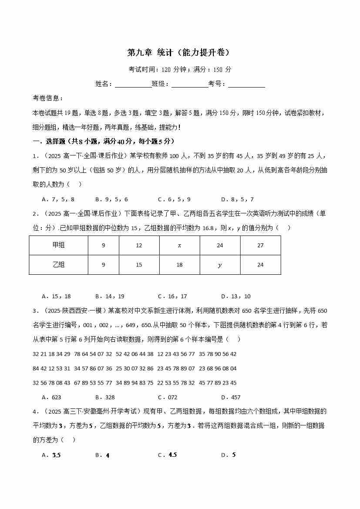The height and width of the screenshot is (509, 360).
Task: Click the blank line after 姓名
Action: [133, 84]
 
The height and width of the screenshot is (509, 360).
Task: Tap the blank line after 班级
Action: [189, 84]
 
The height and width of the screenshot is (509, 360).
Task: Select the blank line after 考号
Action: [246, 84]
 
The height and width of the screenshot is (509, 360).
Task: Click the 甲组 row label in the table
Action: [58, 245]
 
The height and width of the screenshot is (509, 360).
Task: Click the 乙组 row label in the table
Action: [58, 264]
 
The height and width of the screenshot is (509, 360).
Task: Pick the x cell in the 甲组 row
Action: [179, 245]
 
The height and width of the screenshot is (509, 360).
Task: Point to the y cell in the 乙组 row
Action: [220, 264]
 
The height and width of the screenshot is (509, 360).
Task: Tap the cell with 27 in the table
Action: [260, 245]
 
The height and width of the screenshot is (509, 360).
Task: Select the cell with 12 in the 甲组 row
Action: [139, 245]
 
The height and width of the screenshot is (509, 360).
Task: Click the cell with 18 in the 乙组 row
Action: [179, 264]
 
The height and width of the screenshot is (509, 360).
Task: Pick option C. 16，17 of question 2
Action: [172, 297]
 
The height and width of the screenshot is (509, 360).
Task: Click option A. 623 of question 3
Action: [51, 397]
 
